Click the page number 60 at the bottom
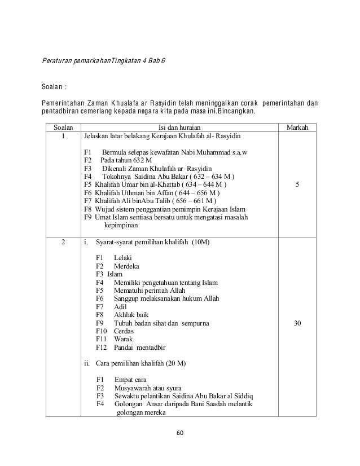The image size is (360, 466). tap(180, 433)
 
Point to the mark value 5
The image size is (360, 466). tap(297, 184)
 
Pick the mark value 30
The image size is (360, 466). tap(297, 323)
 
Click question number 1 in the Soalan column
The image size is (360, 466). tap(63, 136)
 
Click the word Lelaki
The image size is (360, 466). tap(122, 258)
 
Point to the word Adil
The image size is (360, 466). tap(121, 307)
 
